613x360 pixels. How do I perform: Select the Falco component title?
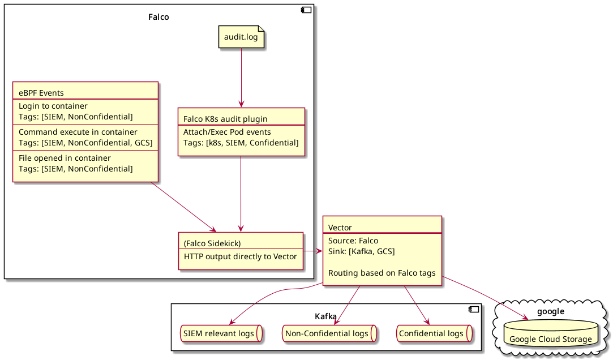click(158, 17)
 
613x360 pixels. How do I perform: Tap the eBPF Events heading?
click(41, 93)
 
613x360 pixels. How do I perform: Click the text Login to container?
click(53, 106)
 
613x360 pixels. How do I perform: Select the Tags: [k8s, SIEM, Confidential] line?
click(241, 143)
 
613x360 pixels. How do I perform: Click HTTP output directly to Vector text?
click(240, 256)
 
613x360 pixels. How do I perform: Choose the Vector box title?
click(340, 228)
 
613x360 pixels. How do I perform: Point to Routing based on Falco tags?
click(381, 273)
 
